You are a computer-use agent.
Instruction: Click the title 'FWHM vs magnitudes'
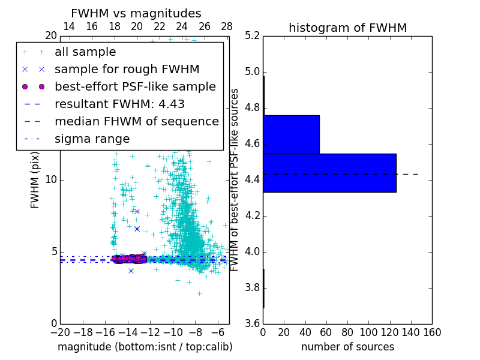[x=136, y=14]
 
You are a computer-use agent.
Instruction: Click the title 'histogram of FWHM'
[x=347, y=28]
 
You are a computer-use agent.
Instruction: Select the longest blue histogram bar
[x=329, y=173]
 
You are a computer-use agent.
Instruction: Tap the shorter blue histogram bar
[x=291, y=134]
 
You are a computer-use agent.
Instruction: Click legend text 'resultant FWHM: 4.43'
[x=119, y=104]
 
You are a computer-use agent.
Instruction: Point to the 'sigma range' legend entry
[x=92, y=139]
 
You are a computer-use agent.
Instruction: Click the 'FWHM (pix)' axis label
[x=35, y=180]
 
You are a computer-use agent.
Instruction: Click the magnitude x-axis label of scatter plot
[x=145, y=347]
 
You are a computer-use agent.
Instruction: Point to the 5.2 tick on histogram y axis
[x=252, y=36]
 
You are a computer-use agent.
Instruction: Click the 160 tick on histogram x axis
[x=432, y=332]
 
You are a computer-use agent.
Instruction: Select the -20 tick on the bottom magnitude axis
[x=60, y=332]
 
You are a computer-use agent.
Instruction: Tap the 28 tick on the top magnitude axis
[x=227, y=26]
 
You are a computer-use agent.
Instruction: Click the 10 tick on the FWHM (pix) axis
[x=50, y=180]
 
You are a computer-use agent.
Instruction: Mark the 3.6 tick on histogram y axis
[x=252, y=323]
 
